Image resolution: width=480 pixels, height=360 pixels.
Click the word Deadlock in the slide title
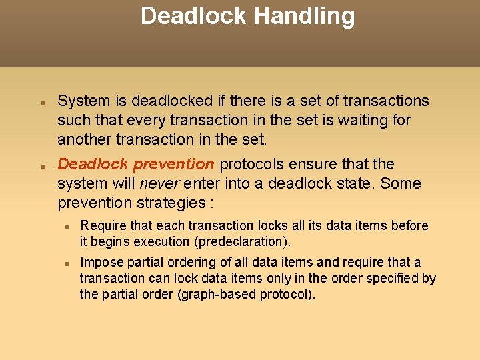pyautogui.click(x=193, y=16)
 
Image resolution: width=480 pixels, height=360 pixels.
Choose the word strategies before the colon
pyautogui.click(x=171, y=203)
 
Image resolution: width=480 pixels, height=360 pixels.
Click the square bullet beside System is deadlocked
pyautogui.click(x=41, y=104)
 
